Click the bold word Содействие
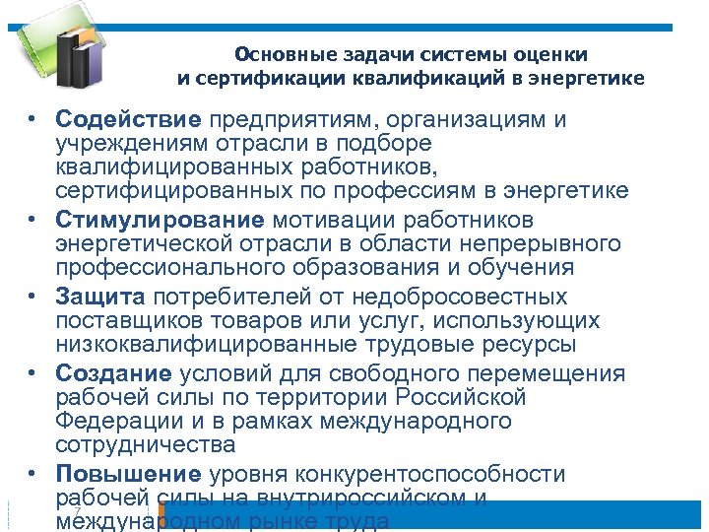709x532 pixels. (128, 120)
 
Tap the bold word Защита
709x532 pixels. (100, 297)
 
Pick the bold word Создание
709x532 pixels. (114, 374)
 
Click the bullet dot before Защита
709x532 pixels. (32, 297)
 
